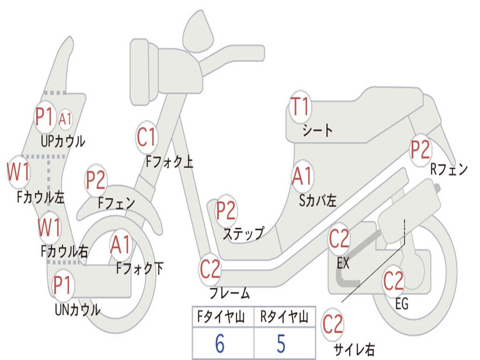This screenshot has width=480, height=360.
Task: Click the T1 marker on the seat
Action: click(300, 106)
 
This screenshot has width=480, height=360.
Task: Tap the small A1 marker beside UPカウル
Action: click(65, 119)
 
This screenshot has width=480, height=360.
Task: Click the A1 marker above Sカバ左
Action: click(302, 176)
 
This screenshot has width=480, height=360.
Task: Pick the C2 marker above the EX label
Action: click(339, 240)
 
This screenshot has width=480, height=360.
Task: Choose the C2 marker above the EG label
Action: click(393, 281)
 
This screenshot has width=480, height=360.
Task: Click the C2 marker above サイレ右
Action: click(333, 325)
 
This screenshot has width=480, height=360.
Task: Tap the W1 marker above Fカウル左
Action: click(19, 172)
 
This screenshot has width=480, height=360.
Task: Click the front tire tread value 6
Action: click(219, 344)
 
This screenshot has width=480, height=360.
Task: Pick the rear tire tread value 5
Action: click(281, 344)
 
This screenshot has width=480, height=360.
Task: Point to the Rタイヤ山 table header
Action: click(284, 318)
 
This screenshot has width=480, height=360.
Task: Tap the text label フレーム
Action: click(229, 293)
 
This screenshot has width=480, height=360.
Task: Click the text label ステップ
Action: click(243, 233)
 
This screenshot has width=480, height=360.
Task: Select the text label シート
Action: click(317, 130)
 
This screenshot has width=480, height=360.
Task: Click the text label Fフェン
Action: click(116, 203)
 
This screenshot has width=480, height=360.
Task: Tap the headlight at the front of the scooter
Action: click(143, 71)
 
